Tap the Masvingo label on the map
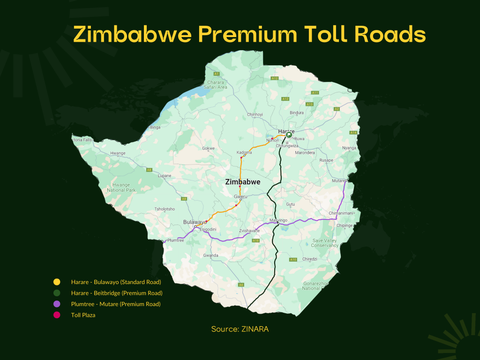point(278,220)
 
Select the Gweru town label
point(240,196)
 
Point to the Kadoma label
point(244,152)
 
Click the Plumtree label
point(175,240)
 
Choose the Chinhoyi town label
point(256,114)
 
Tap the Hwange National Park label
point(121,187)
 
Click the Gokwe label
point(208,148)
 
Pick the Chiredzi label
point(310,259)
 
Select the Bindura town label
point(297,112)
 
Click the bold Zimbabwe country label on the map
point(242,182)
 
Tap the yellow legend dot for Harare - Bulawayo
point(57,282)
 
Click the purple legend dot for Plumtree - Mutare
point(57,304)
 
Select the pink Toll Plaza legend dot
point(57,315)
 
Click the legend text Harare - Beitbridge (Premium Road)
point(117,293)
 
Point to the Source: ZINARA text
point(240,329)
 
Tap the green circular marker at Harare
point(289,135)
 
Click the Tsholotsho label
point(165,209)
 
